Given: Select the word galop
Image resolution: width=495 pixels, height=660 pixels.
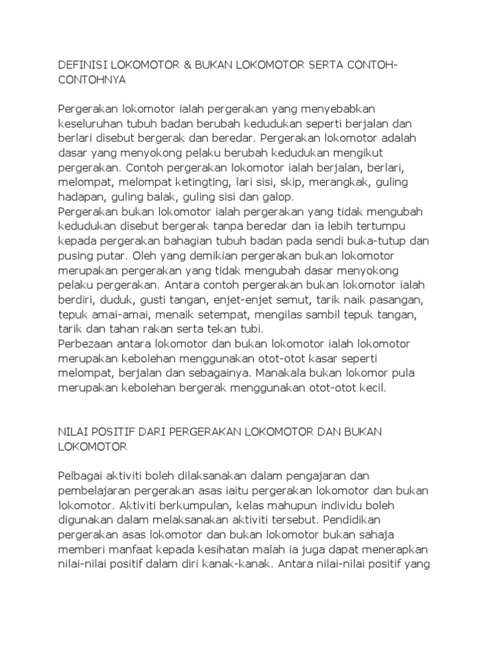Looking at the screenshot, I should coord(278,197).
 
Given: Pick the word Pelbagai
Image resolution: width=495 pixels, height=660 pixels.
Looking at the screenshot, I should coord(81,476).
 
